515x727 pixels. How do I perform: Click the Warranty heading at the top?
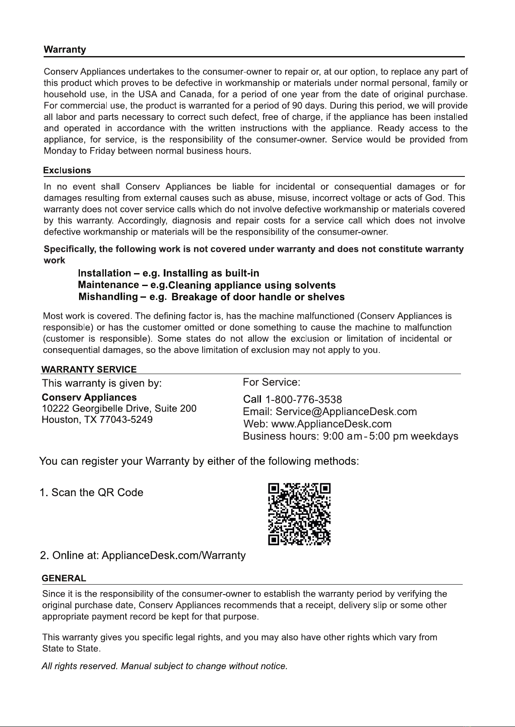click(65, 50)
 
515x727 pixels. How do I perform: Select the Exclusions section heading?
click(67, 170)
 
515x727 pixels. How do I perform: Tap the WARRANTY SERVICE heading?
click(89, 369)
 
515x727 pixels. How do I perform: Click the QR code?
click(299, 514)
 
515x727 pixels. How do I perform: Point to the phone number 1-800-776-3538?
click(303, 400)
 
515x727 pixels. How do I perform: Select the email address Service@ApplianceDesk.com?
click(346, 412)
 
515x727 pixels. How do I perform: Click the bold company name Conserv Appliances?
click(89, 397)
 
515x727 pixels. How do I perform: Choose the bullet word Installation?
click(104, 274)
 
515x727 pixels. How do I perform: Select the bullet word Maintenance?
click(108, 285)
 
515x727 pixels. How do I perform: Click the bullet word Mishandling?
click(108, 297)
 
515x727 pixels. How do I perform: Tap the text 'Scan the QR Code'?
click(97, 493)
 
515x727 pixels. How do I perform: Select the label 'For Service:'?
click(271, 382)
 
